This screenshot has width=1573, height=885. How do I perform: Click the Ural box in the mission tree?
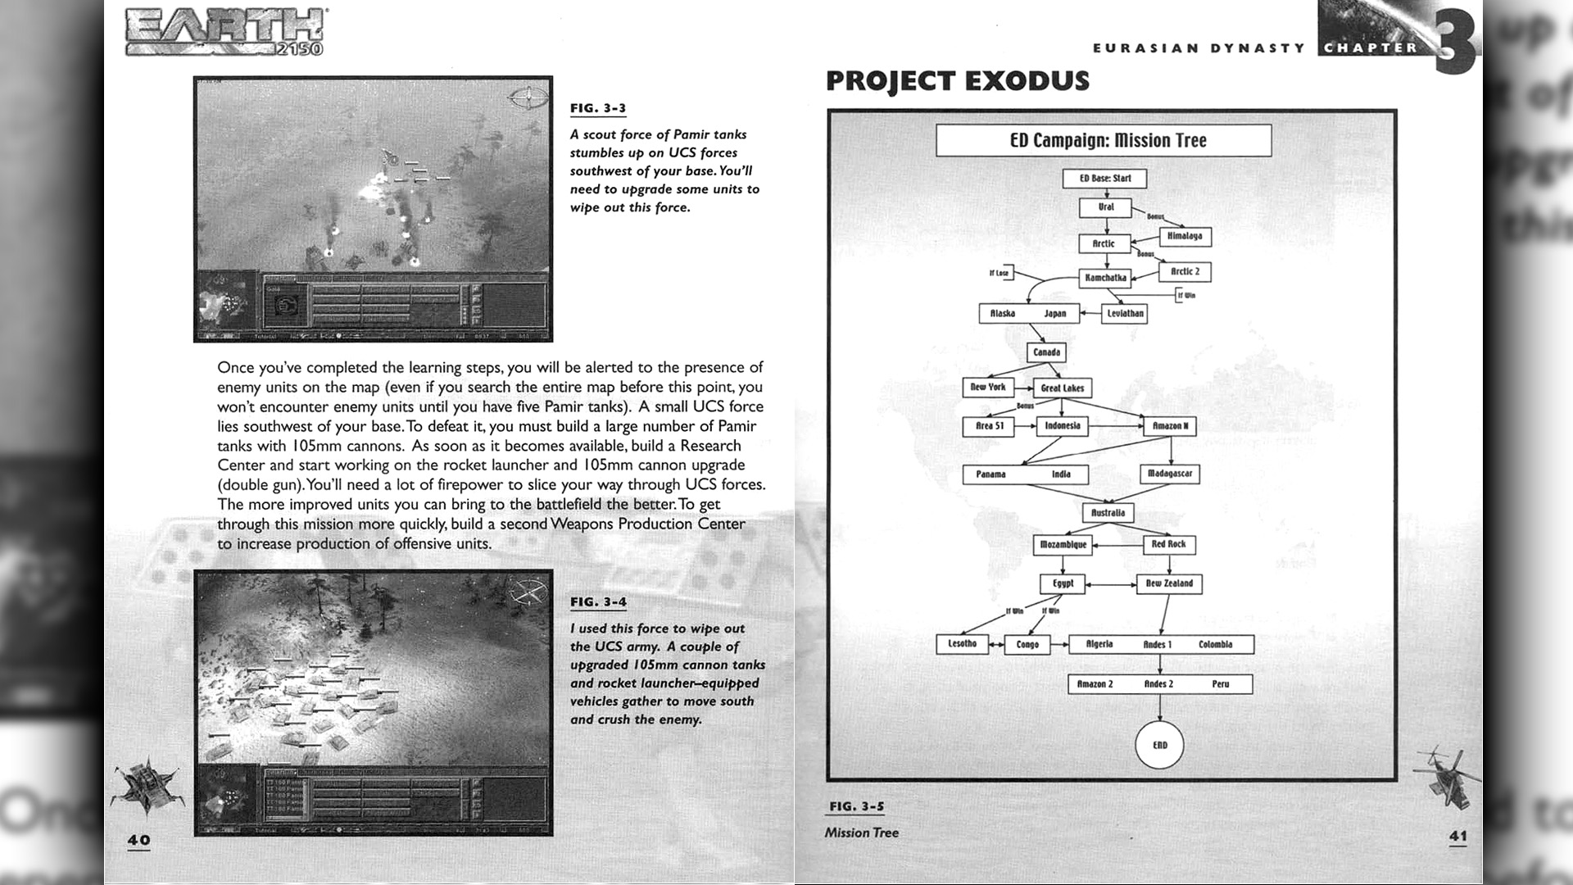pyautogui.click(x=1105, y=207)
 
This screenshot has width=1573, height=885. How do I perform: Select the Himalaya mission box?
pyautogui.click(x=1184, y=237)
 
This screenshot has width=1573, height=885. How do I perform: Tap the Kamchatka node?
pyautogui.click(x=1105, y=278)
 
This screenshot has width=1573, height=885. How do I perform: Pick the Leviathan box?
pyautogui.click(x=1124, y=313)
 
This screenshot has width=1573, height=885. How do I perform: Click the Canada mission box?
pyautogui.click(x=1046, y=352)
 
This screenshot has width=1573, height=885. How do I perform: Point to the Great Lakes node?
pyautogui.click(x=1062, y=388)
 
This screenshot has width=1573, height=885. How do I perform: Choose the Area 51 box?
pyautogui.click(x=989, y=426)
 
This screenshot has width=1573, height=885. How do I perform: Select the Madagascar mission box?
pyautogui.click(x=1170, y=474)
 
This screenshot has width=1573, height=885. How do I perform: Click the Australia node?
pyautogui.click(x=1108, y=513)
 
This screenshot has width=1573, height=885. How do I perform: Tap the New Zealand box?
pyautogui.click(x=1169, y=583)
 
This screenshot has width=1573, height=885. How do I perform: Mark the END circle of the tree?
pyautogui.click(x=1160, y=745)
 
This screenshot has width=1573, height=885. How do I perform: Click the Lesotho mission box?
pyautogui.click(x=962, y=644)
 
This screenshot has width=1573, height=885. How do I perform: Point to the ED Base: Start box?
pyautogui.click(x=1104, y=179)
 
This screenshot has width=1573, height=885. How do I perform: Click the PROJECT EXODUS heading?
pyautogui.click(x=957, y=81)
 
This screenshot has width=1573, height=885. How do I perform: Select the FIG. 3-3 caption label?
pyautogui.click(x=597, y=109)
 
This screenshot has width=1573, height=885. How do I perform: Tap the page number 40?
pyautogui.click(x=138, y=840)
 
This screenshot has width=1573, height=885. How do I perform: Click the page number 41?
pyautogui.click(x=1458, y=836)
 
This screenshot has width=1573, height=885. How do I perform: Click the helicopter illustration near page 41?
pyautogui.click(x=1446, y=774)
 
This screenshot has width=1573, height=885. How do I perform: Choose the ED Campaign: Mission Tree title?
pyautogui.click(x=1108, y=141)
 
